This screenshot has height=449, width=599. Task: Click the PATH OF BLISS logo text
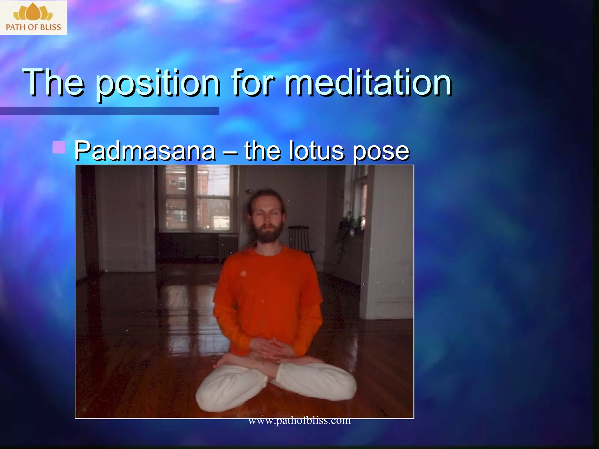(x=33, y=27)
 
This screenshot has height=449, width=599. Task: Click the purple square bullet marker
(x=58, y=147)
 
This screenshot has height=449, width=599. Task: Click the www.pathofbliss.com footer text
(x=299, y=420)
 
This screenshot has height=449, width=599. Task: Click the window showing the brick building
(x=197, y=199)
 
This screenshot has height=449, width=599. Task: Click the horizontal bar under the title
(x=109, y=111)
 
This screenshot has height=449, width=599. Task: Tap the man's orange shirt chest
(x=268, y=281)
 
